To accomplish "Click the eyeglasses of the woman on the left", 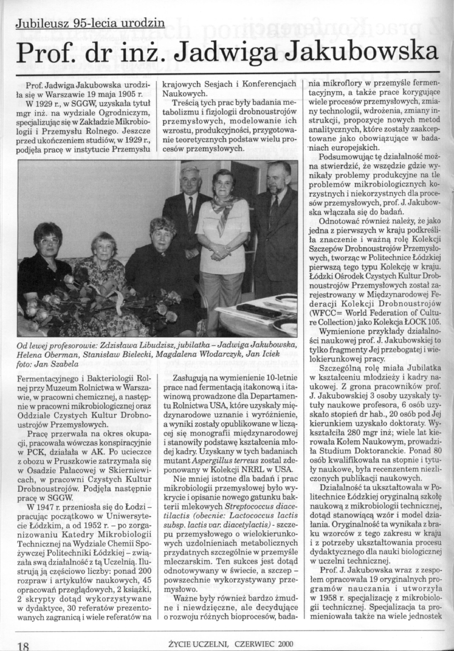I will pyautogui.click(x=50, y=241).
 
